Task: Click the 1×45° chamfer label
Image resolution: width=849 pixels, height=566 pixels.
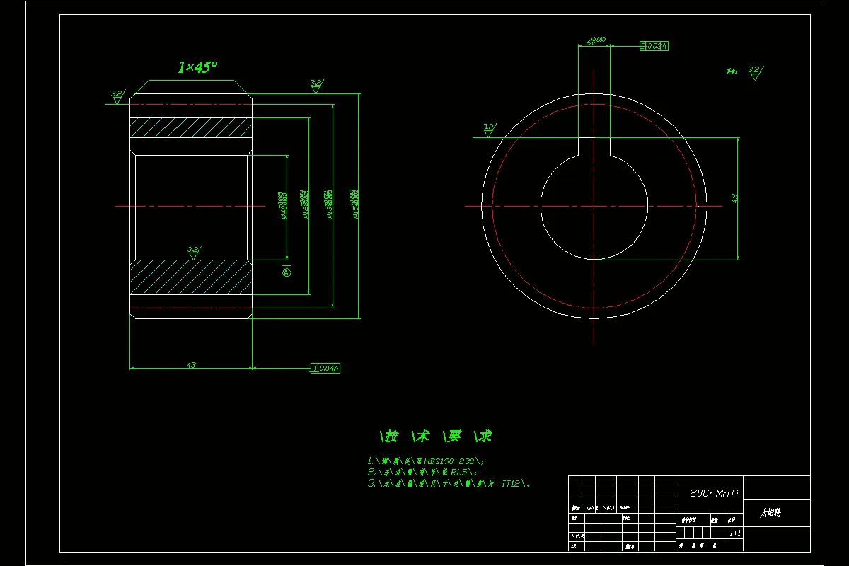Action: pos(197,68)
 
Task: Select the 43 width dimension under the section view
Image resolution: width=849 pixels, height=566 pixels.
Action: pos(191,365)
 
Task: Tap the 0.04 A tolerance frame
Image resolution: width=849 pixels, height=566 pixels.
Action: pos(325,368)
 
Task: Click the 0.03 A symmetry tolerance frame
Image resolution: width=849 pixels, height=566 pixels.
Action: pos(654,46)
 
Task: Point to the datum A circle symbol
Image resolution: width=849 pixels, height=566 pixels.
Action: pos(287,271)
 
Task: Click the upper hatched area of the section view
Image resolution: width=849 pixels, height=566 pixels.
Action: pos(190,127)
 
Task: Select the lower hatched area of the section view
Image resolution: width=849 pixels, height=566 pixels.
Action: pos(190,277)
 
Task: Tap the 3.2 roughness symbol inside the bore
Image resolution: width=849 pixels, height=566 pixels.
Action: pos(193,250)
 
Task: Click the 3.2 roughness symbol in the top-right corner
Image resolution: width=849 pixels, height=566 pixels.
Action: pos(753,71)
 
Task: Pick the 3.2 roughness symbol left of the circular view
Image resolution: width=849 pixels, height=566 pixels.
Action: pos(488,129)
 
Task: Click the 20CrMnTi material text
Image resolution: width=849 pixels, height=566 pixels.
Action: pos(714,493)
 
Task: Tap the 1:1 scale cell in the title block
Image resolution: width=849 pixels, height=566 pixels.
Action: pos(734,533)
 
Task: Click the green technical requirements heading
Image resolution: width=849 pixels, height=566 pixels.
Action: pos(436,436)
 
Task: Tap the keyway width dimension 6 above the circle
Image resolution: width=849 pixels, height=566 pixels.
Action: pos(589,44)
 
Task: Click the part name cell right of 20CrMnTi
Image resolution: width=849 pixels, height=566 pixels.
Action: pos(776,513)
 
